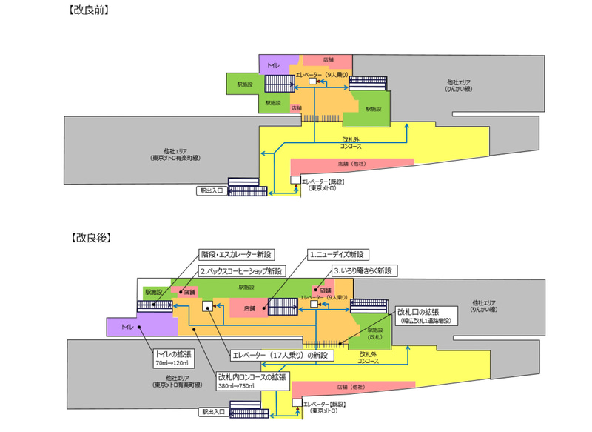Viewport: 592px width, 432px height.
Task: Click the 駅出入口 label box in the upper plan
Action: tap(211, 190)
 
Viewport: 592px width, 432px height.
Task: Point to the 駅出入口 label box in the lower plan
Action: tap(211, 411)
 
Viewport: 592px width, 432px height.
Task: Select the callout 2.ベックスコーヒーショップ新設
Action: tap(238, 271)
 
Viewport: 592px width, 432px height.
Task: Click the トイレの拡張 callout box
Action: tap(174, 359)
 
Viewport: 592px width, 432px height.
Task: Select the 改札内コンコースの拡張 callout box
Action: tap(252, 381)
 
